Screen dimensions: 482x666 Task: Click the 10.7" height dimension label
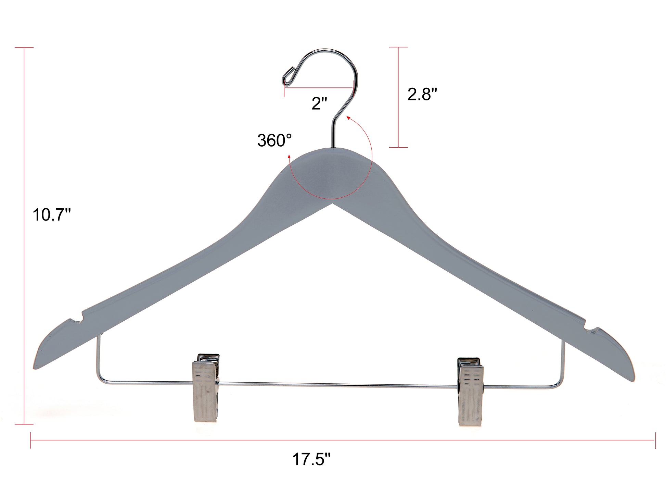[x=51, y=215]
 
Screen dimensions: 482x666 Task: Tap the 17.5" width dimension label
[x=311, y=459]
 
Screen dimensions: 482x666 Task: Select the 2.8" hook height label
[x=422, y=94]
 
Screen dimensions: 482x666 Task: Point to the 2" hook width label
[x=319, y=103]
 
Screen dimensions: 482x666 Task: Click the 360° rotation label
[x=274, y=141]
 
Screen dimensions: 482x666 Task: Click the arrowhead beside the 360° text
[x=290, y=157]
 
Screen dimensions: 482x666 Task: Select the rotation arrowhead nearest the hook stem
[x=348, y=118]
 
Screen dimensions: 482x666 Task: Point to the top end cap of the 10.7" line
[x=24, y=48]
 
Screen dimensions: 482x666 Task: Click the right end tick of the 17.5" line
[x=655, y=440]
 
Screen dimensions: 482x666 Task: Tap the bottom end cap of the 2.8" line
[x=398, y=147]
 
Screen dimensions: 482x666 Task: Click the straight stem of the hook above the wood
[x=332, y=134]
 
